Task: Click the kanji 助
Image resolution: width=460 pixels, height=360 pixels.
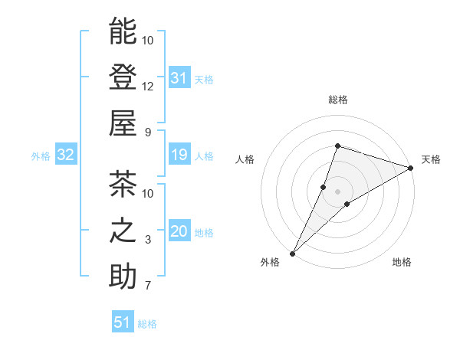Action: (123, 277)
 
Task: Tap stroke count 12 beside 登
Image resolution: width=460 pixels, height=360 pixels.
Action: (148, 87)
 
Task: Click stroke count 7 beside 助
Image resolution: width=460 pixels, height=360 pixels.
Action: (148, 286)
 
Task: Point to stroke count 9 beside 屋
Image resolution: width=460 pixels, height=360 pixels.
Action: (148, 133)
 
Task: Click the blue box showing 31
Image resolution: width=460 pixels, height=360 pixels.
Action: (179, 77)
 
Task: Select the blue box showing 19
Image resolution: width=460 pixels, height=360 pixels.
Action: (179, 155)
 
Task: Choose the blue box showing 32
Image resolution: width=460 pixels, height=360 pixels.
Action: (66, 155)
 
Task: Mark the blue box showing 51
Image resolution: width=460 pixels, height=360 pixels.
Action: (123, 322)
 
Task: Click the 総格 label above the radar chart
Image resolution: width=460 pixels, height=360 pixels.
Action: (338, 100)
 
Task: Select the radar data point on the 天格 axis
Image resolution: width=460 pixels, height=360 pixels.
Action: (411, 169)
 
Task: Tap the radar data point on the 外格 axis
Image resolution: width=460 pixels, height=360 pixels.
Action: (292, 254)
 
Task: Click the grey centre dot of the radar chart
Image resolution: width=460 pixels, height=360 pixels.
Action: (338, 191)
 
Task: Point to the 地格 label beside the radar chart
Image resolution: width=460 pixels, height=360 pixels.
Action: (402, 263)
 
